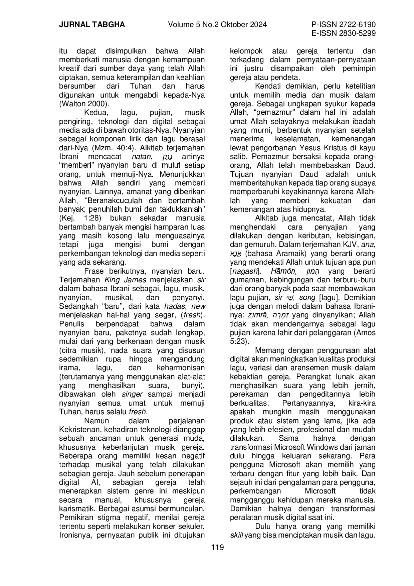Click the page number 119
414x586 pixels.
click(x=217, y=547)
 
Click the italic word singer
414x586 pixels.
click(x=132, y=394)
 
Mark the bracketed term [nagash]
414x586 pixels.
click(x=245, y=271)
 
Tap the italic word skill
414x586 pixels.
click(x=237, y=535)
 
